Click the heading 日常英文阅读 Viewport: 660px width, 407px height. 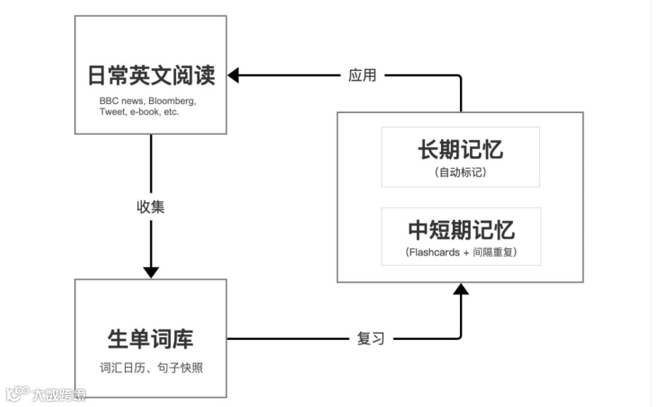coord(151,76)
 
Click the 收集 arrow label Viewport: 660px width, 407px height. coord(151,207)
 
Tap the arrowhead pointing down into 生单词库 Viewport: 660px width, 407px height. coord(151,271)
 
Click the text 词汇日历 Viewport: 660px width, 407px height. coord(122,368)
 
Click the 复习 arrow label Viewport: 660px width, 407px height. coord(371,339)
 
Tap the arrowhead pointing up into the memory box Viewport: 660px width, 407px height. coord(461,288)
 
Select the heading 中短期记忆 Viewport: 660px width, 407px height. coord(461,230)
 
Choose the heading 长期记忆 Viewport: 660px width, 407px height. coord(460,150)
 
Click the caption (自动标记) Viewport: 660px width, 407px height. coord(461,172)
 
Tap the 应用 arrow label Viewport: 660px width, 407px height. coord(363,76)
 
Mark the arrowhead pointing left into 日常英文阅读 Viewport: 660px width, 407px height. coord(233,76)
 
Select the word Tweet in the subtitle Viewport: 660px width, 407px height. coord(112,112)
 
